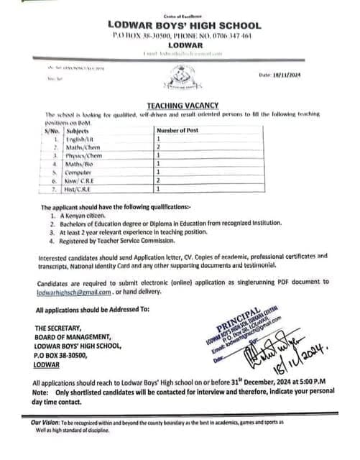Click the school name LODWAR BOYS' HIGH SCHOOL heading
pos(180,25)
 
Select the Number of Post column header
pos(181,130)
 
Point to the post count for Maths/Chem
pos(158,147)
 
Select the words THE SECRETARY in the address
pos(63,327)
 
